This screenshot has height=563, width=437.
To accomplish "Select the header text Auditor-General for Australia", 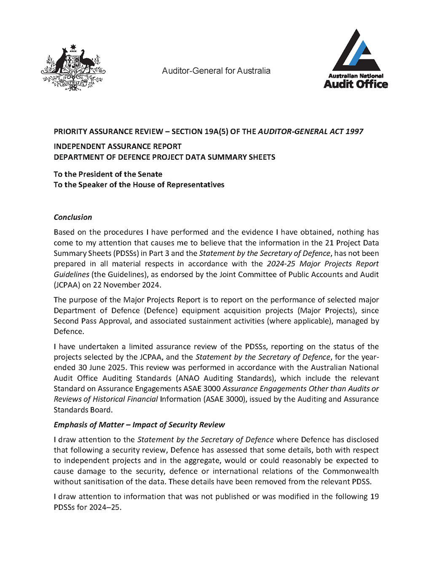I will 216,71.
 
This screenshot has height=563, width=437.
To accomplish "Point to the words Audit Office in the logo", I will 355,84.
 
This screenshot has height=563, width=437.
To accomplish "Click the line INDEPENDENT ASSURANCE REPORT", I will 117,146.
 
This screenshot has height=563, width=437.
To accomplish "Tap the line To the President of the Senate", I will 107,174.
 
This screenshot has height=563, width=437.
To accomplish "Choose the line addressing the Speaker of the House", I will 139,185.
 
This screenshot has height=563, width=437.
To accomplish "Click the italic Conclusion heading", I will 72,217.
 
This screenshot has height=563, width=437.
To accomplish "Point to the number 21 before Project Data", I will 329,243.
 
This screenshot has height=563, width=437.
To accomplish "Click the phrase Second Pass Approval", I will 92,321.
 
